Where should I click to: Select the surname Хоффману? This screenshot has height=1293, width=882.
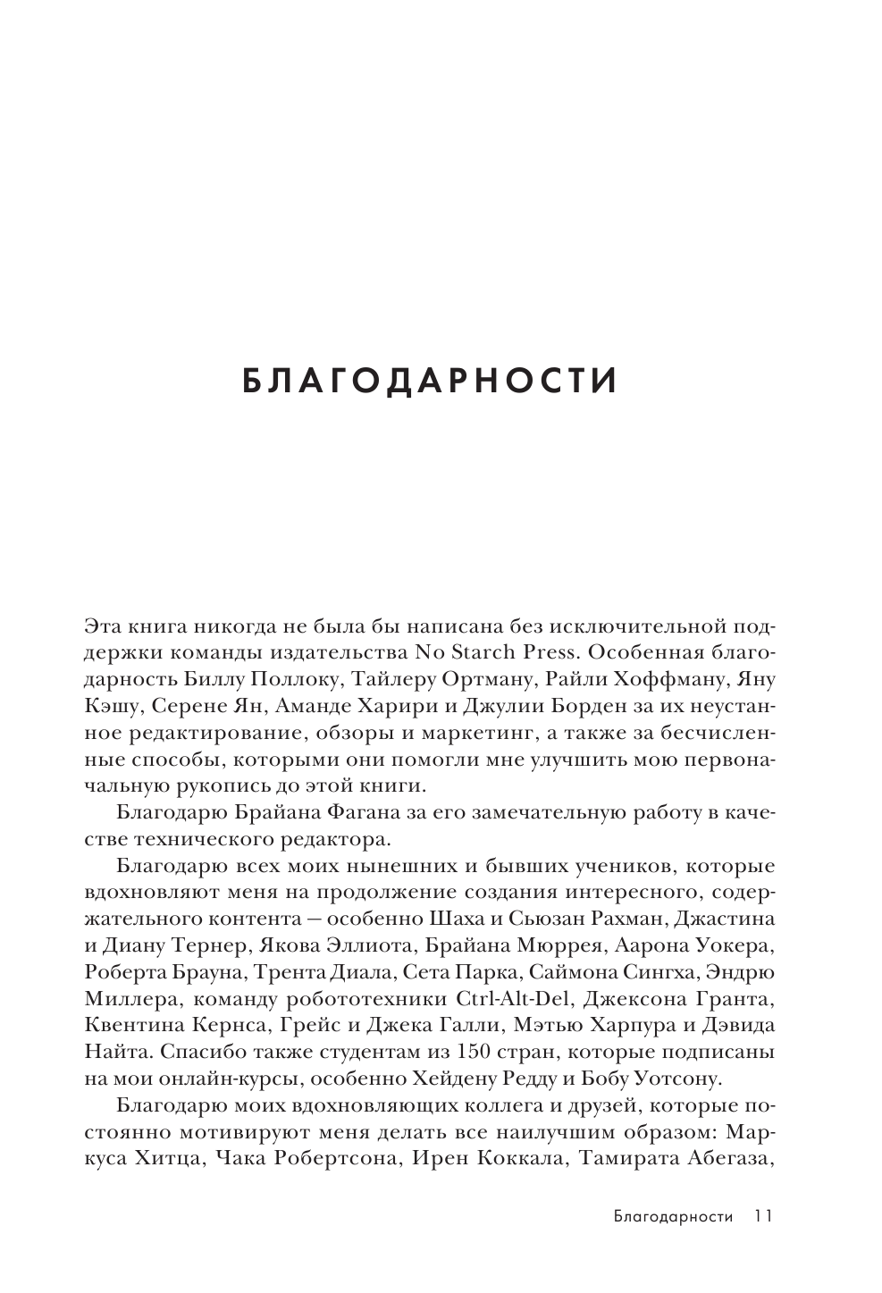(664, 678)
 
